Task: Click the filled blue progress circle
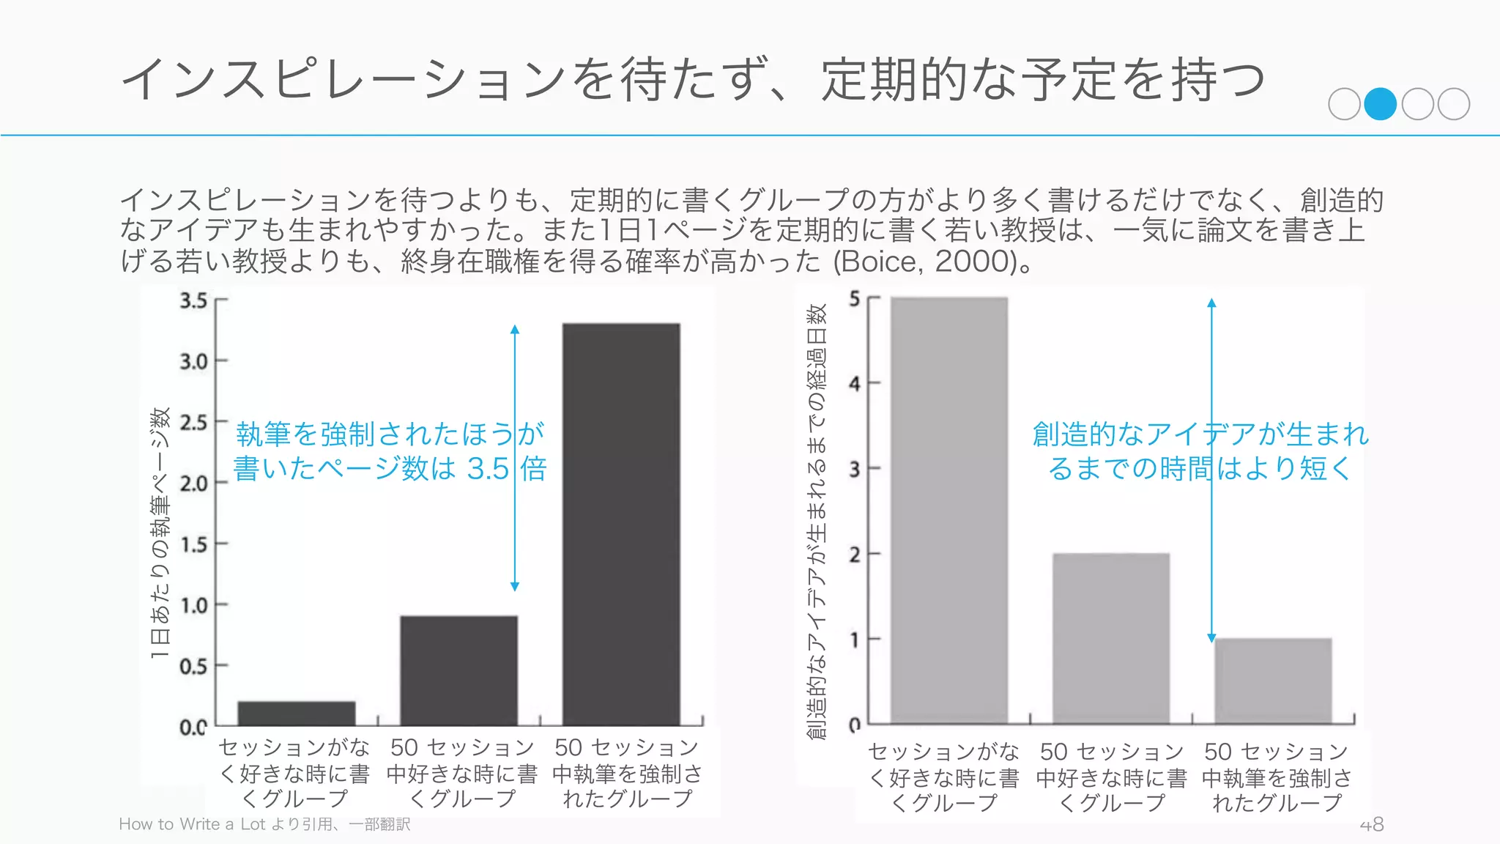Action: click(1381, 104)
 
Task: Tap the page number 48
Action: click(1371, 825)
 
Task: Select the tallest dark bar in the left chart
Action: click(621, 524)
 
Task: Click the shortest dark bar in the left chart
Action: click(297, 713)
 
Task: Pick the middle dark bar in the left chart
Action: click(458, 670)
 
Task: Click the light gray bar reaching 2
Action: click(1111, 638)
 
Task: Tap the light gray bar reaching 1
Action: click(1273, 681)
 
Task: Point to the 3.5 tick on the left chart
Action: click(194, 300)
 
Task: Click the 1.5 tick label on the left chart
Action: click(194, 544)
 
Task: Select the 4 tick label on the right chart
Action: click(855, 383)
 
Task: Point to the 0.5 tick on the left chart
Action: click(194, 666)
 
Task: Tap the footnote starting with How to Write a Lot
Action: click(264, 824)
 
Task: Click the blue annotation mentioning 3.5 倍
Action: click(390, 451)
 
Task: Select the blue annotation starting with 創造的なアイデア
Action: click(1200, 451)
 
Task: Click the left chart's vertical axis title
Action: click(160, 533)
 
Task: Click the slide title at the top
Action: click(692, 79)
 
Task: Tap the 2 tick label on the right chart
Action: click(855, 554)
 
